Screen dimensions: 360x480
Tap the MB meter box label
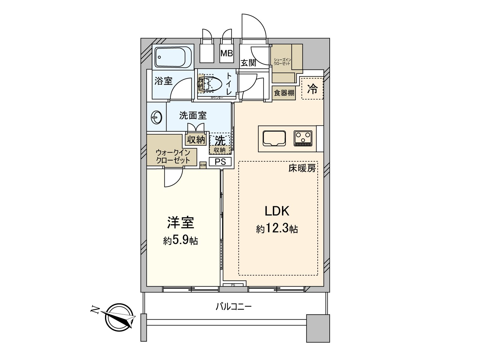pos(226,54)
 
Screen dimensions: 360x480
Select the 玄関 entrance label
pos(248,63)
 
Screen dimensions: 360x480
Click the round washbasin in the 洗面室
pos(157,117)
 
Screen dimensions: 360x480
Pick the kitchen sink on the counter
pos(274,139)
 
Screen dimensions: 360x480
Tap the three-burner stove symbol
pos(303,139)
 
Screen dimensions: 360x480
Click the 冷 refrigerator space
pos(312,88)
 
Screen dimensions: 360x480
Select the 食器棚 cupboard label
pos(284,93)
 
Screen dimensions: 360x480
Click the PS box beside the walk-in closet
pos(220,162)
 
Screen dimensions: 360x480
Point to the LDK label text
pos(277,211)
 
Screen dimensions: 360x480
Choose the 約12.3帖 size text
pos(277,229)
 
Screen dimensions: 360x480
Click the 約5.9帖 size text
pos(180,240)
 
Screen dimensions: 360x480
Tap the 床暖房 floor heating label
pos(302,169)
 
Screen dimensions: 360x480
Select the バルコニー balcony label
pos(233,307)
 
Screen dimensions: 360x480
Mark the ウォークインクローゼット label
pos(173,156)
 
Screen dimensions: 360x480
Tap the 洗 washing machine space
pos(220,140)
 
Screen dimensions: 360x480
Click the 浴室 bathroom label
pos(163,81)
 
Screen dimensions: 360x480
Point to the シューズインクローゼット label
pos(282,62)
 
